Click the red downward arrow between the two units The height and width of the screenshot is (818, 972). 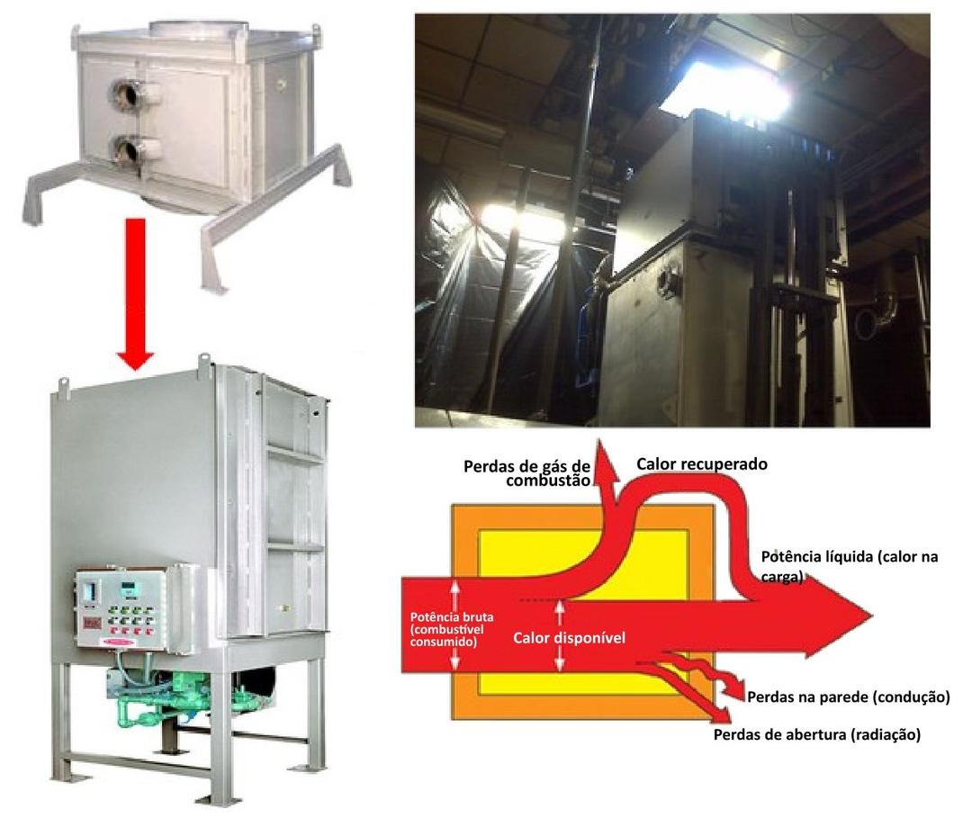135,293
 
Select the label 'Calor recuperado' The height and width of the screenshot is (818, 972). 702,464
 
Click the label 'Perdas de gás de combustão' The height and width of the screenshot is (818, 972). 526,472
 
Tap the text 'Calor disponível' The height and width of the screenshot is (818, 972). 569,638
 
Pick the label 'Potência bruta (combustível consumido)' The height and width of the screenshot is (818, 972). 452,629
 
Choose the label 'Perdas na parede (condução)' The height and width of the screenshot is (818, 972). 848,697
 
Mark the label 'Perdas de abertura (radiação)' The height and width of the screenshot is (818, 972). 817,735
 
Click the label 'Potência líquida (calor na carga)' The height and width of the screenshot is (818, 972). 850,566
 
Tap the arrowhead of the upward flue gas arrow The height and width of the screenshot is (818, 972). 605,462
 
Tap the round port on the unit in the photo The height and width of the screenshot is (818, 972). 669,282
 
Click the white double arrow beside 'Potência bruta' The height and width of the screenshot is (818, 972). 455,624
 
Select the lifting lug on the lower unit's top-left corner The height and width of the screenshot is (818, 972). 62,385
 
